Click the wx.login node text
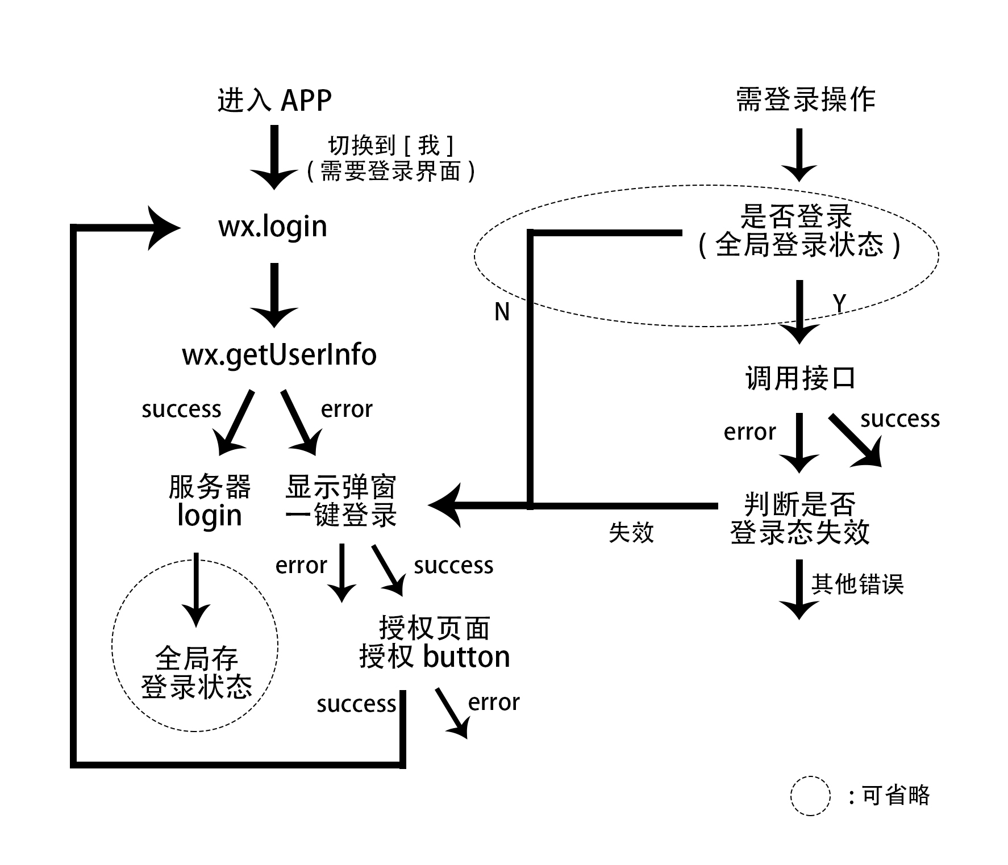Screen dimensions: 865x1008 (x=273, y=227)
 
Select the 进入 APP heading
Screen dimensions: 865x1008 (x=274, y=101)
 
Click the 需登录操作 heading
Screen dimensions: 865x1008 (x=805, y=100)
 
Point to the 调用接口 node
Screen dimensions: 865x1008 (x=800, y=378)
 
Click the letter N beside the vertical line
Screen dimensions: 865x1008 (x=502, y=312)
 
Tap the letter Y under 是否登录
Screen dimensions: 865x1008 (x=839, y=304)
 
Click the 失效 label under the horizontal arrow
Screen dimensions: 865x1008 (x=631, y=533)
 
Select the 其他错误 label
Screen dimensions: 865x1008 (x=857, y=584)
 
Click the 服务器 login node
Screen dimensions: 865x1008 (x=210, y=502)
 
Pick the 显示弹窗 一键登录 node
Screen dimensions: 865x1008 (x=341, y=502)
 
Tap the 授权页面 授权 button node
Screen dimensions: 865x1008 (x=435, y=643)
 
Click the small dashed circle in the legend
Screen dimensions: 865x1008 (x=810, y=796)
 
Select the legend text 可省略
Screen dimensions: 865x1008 (x=895, y=795)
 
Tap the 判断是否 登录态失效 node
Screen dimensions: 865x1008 (x=799, y=518)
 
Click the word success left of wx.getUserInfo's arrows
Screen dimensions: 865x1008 (x=181, y=409)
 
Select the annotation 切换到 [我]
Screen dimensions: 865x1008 (x=391, y=146)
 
